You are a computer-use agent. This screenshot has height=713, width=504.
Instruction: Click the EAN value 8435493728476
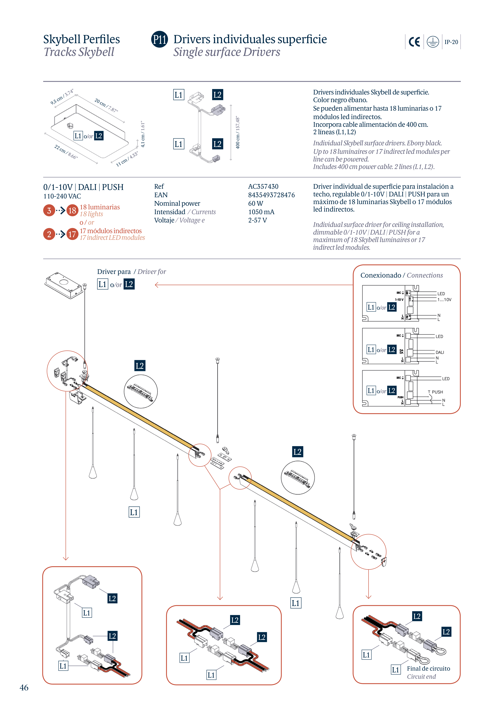(271, 195)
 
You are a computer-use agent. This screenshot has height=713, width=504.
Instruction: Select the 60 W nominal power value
(255, 203)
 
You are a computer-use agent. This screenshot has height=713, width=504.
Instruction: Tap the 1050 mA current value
(261, 212)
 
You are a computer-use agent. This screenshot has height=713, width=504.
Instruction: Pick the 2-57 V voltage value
(257, 220)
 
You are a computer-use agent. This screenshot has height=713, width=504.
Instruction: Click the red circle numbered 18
(72, 211)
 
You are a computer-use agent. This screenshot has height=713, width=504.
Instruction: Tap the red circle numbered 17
(72, 234)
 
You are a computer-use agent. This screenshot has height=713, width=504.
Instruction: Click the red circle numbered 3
(49, 211)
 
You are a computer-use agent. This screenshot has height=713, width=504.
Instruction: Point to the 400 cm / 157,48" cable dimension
(238, 133)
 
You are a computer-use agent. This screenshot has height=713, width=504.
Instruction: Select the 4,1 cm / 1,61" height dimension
(143, 134)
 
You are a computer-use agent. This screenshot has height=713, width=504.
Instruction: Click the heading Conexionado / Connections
(401, 275)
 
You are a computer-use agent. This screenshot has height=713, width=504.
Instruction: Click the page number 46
(24, 688)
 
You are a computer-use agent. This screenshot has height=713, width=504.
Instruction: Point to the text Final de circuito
(428, 668)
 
